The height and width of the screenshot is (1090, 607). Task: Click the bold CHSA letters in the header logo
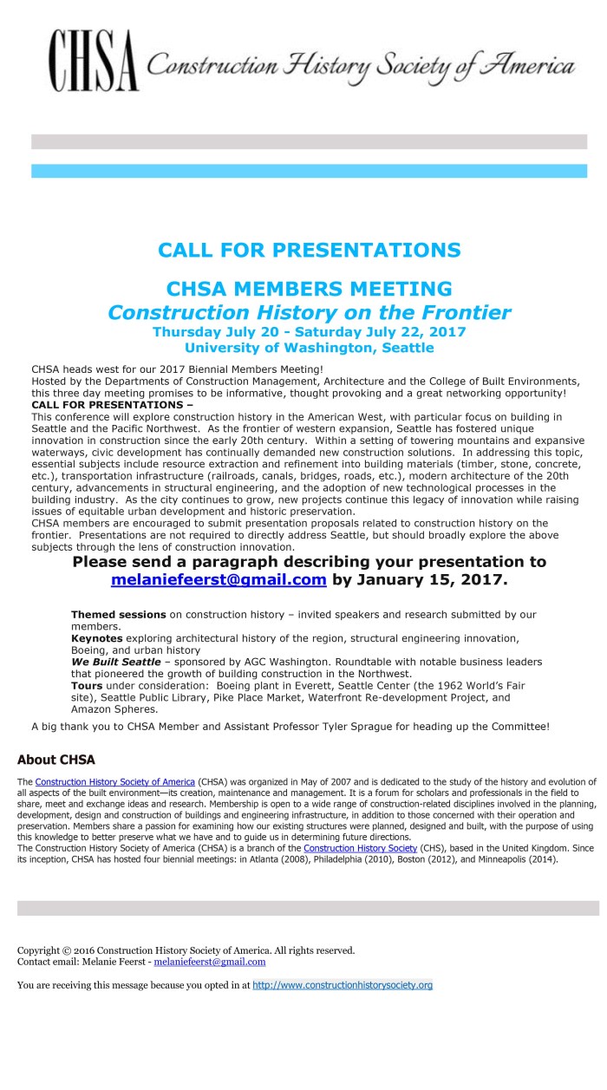tap(94, 65)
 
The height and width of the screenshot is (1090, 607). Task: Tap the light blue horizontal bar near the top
tap(309, 171)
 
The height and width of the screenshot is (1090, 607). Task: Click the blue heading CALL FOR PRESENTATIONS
tap(309, 251)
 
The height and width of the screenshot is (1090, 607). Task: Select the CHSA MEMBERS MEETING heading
tap(309, 289)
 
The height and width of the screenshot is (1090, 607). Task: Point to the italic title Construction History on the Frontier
tap(309, 312)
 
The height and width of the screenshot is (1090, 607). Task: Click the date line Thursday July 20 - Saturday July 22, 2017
tap(309, 332)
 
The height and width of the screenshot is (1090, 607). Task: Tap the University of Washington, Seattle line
tap(309, 348)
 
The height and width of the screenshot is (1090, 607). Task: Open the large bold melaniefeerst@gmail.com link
tap(219, 580)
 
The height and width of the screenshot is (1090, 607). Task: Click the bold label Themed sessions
tap(118, 615)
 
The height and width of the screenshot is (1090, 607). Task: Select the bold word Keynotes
tap(96, 638)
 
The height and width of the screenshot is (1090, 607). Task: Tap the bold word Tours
tap(87, 685)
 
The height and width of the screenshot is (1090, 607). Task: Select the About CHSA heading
tap(55, 760)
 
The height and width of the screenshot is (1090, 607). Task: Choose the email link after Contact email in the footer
tap(210, 962)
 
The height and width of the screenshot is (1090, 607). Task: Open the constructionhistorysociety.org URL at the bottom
tap(342, 985)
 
